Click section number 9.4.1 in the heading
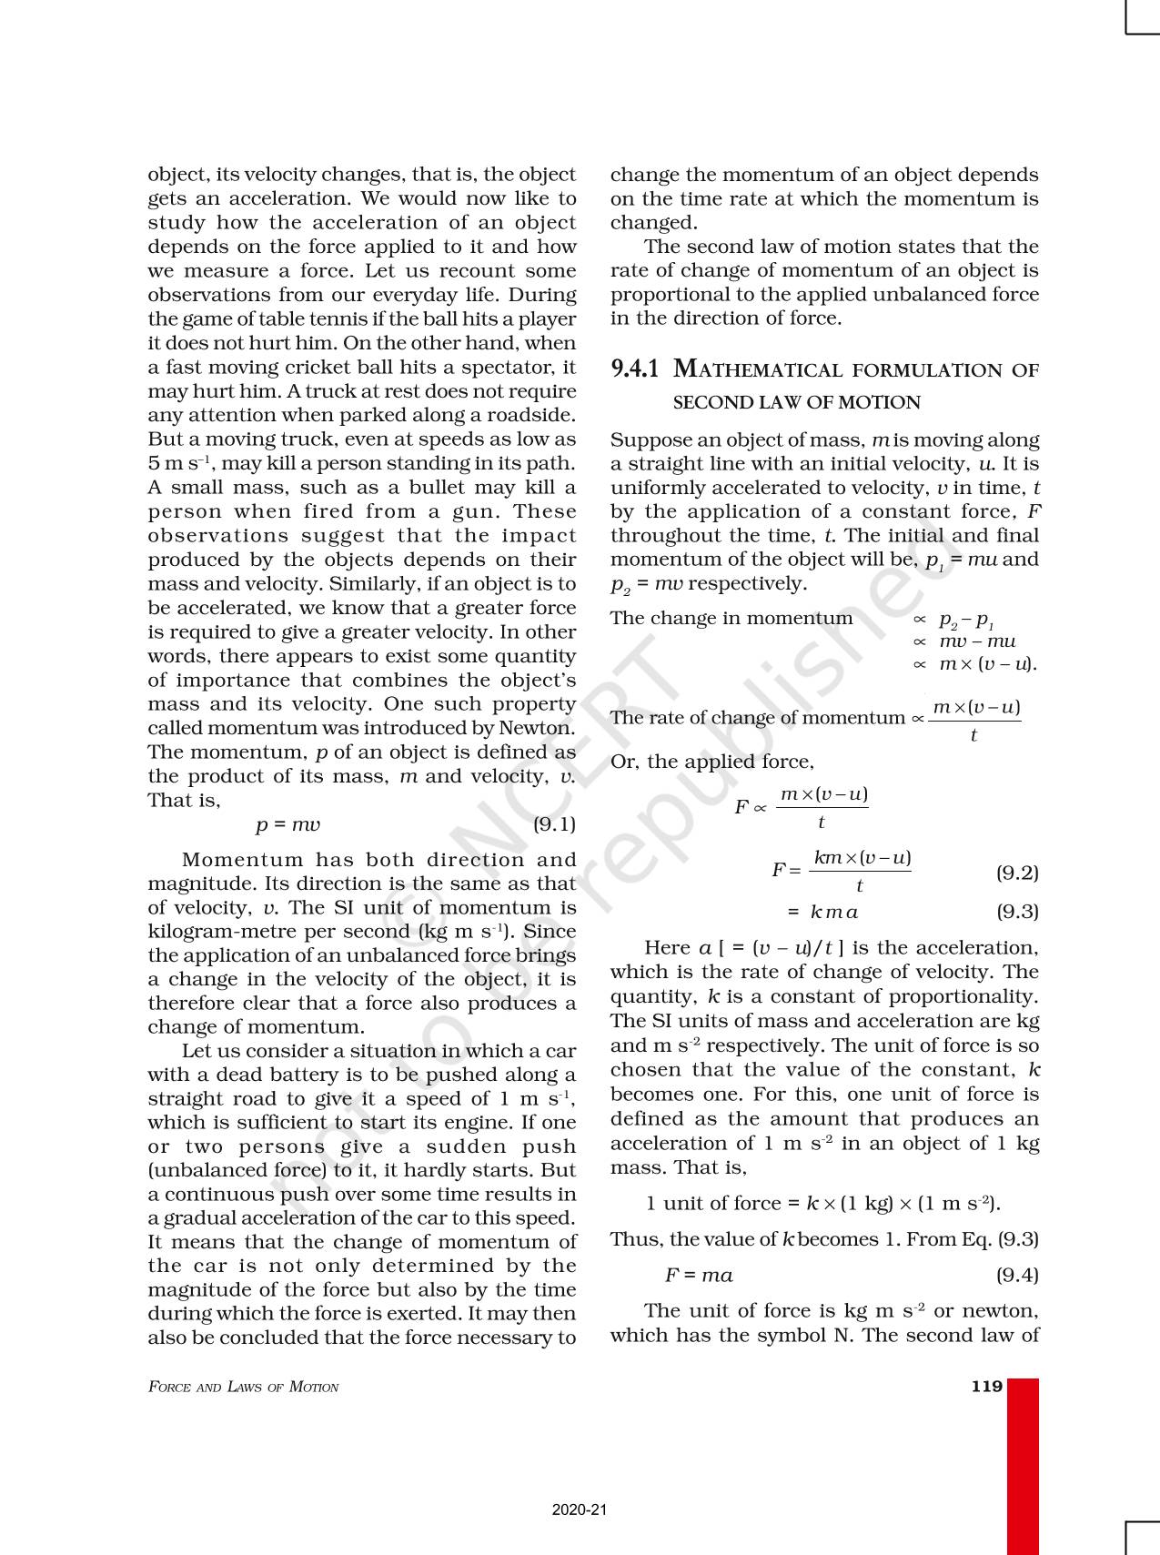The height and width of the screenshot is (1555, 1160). click(634, 369)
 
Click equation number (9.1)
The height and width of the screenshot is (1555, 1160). click(554, 824)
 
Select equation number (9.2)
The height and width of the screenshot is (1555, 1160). click(1017, 873)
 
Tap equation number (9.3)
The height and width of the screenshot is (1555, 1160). click(1017, 911)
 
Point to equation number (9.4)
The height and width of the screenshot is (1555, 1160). click(1017, 1275)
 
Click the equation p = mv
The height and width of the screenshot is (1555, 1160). click(287, 824)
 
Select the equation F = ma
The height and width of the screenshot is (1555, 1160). click(699, 1275)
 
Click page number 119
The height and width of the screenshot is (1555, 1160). click(987, 1387)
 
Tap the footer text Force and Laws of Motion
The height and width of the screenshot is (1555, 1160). click(243, 1388)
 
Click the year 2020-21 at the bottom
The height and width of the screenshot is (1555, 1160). click(579, 1510)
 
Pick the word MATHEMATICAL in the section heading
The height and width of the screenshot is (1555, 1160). click(758, 369)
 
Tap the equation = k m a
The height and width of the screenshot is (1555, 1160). click(822, 912)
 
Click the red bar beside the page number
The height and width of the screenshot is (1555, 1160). click(1023, 1465)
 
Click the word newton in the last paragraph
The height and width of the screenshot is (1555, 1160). click(999, 1310)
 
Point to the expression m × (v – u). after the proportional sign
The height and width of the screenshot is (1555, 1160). click(987, 664)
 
